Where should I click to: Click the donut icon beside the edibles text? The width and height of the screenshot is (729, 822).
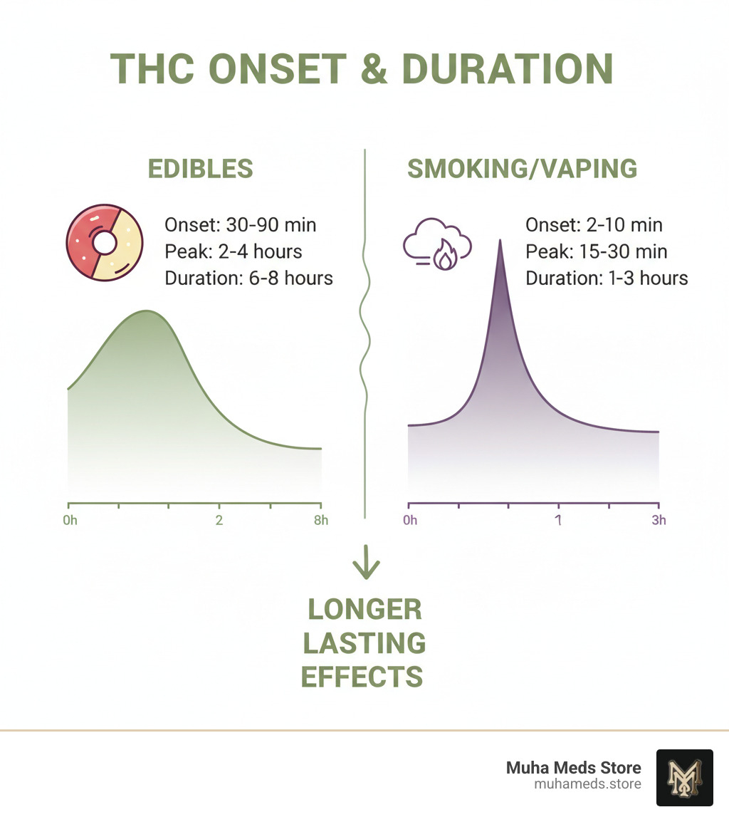click(104, 243)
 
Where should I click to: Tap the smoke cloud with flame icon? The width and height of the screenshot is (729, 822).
click(437, 244)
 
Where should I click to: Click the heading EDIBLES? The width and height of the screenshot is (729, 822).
click(200, 169)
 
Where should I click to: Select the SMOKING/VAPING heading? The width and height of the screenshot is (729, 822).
click(522, 169)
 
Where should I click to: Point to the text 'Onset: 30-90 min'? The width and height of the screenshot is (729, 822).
click(240, 225)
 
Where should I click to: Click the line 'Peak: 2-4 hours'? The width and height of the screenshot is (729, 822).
click(234, 251)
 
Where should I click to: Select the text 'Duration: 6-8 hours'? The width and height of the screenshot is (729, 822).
click(248, 279)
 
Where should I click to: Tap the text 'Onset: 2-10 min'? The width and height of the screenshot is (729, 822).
click(594, 225)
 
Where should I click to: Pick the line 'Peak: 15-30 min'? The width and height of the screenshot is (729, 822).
click(597, 251)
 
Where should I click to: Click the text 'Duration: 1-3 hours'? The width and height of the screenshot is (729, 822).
click(607, 279)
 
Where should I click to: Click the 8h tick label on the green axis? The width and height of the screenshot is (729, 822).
click(321, 520)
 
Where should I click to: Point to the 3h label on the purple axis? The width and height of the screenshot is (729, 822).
click(659, 520)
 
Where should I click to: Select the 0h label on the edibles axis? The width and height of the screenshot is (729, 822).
click(70, 520)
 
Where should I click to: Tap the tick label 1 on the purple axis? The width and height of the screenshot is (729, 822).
click(558, 520)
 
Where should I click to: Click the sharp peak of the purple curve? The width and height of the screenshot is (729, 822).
click(500, 240)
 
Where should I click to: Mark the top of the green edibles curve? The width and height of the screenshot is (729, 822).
click(147, 311)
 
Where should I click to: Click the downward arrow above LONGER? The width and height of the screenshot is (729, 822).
click(366, 562)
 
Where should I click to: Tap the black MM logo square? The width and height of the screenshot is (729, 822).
click(684, 777)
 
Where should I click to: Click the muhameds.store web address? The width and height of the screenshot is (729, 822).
click(587, 784)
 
